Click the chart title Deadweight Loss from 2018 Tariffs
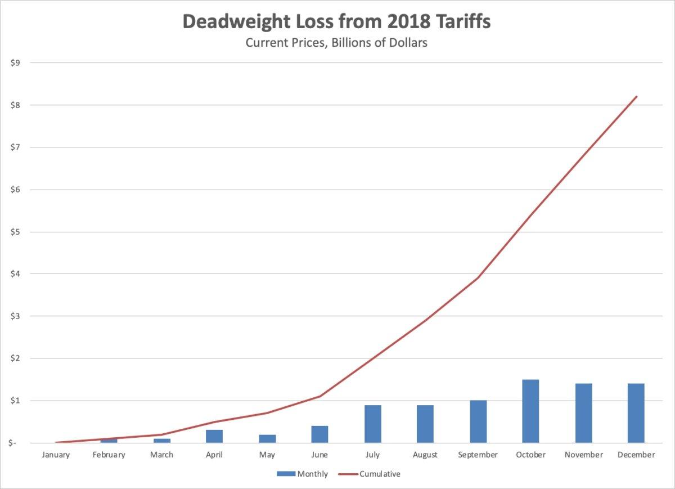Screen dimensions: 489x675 (336, 21)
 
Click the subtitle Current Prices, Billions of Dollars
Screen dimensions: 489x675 (336, 43)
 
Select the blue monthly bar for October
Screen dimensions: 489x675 (530, 411)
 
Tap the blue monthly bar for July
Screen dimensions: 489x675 (372, 424)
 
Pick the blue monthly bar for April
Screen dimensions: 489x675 (214, 436)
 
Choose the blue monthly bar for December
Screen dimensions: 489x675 (636, 413)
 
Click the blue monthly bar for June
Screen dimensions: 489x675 (319, 434)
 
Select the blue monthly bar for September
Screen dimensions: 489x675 (478, 421)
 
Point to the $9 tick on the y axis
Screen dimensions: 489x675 (15, 63)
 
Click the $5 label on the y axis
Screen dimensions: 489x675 (15, 232)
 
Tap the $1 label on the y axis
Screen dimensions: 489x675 (15, 401)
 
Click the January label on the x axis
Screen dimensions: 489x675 (56, 455)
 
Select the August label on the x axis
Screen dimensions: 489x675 (425, 455)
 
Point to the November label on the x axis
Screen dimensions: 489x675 (583, 455)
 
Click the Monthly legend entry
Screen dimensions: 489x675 (302, 474)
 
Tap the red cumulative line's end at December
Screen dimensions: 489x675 (636, 96)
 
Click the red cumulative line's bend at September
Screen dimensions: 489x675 (478, 278)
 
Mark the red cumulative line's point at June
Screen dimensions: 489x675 (320, 396)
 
